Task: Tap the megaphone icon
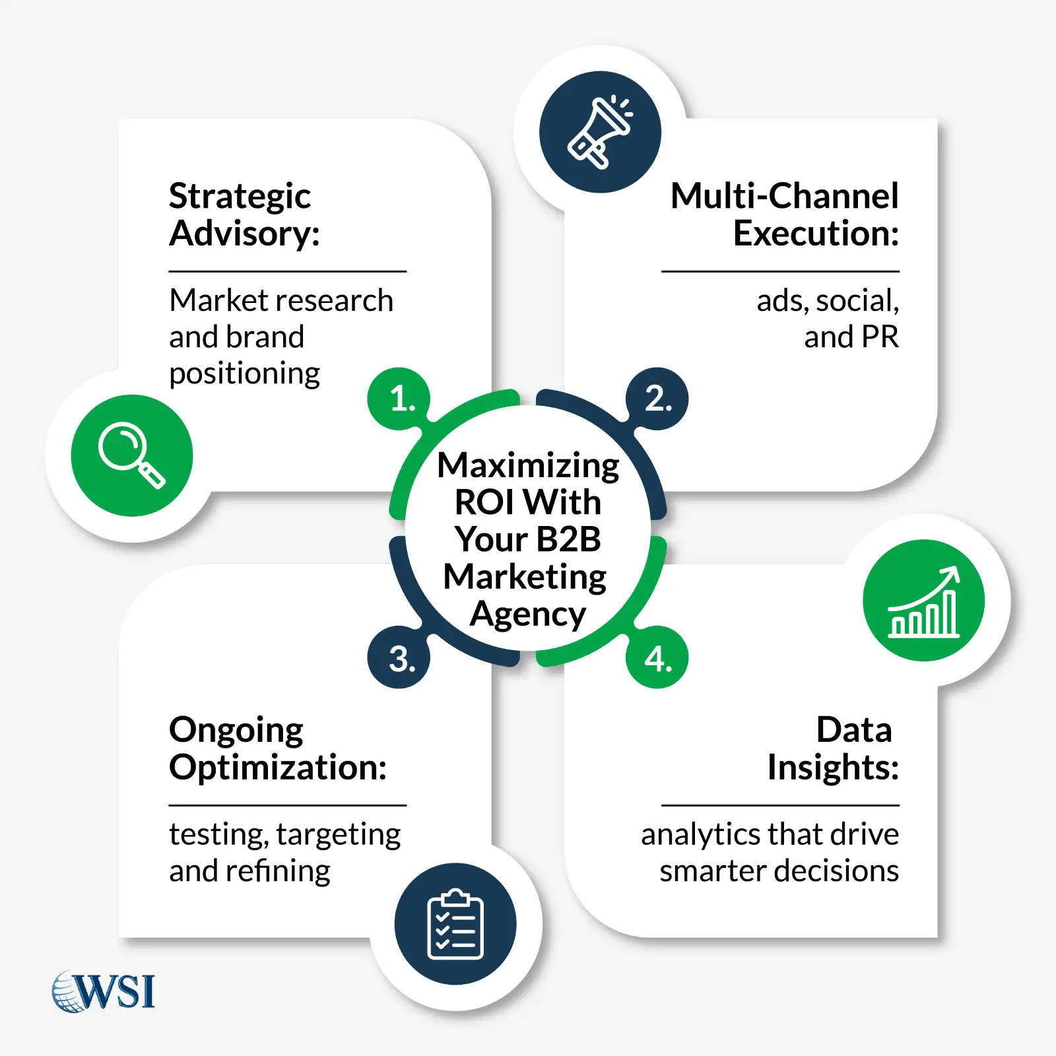[x=600, y=132]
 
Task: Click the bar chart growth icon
[x=923, y=601]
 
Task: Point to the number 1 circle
[x=399, y=399]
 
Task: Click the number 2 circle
[x=657, y=399]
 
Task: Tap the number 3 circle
[x=399, y=658]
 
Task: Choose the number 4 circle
[x=657, y=658]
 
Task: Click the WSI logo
[x=104, y=991]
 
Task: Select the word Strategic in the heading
[x=240, y=196]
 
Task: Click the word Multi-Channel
[x=784, y=196]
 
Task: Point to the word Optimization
[x=277, y=768]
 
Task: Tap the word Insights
[x=832, y=768]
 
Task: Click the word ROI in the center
[x=484, y=502]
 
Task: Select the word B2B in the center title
[x=568, y=539]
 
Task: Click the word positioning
[x=244, y=374]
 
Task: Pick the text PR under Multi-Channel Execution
[x=879, y=337]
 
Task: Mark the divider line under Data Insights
[x=780, y=805]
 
